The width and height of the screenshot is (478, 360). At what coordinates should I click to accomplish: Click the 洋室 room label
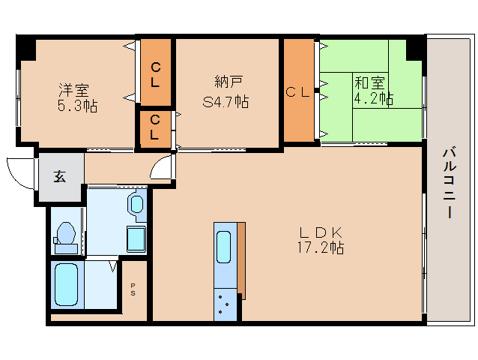click(73, 90)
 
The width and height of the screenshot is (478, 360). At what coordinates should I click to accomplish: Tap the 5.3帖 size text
click(77, 106)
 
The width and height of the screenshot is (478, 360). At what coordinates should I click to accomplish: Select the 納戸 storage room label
click(229, 82)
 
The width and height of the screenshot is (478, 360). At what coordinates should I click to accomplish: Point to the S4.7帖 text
click(226, 101)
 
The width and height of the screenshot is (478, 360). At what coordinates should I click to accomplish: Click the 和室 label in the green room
click(370, 82)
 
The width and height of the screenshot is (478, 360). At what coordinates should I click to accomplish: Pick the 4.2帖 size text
click(373, 98)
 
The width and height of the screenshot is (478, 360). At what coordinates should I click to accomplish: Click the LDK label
click(321, 232)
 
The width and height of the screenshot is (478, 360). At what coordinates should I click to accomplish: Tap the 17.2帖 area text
click(321, 247)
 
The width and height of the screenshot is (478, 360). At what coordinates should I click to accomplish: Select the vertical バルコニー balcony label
click(450, 183)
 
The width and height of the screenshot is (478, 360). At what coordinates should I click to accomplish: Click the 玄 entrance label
click(59, 176)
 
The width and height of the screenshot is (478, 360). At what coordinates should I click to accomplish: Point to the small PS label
click(133, 289)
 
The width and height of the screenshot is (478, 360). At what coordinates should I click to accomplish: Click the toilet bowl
click(66, 233)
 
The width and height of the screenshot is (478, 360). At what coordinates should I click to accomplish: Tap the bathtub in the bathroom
click(66, 284)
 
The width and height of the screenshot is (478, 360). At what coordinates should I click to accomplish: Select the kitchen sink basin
click(223, 247)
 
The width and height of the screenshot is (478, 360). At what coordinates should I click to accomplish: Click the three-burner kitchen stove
click(226, 304)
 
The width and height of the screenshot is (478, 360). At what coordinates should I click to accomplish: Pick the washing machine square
click(136, 239)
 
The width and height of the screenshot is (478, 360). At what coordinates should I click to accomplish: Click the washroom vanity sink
click(137, 204)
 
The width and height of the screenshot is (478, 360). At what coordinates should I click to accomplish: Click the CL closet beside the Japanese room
click(299, 90)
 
